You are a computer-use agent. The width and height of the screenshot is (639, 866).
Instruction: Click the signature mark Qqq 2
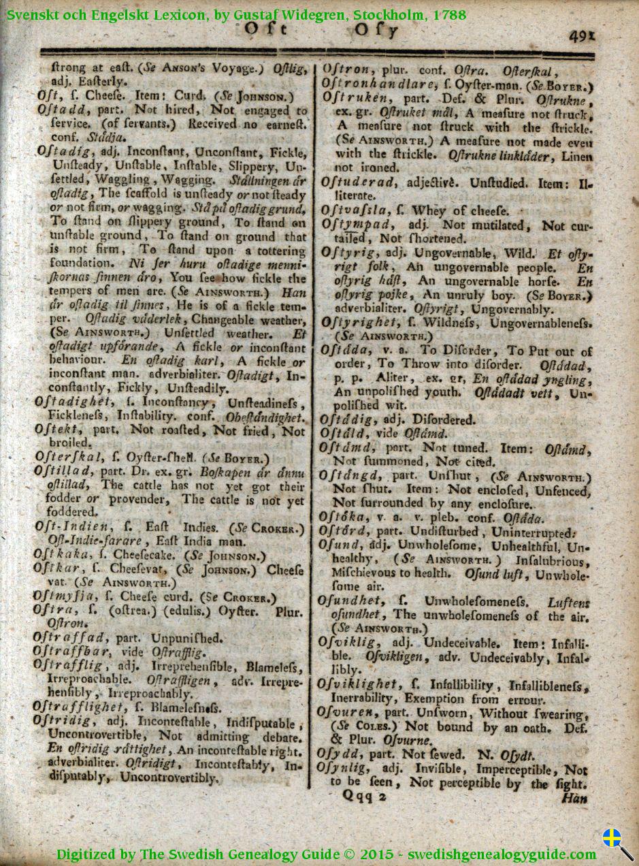364,795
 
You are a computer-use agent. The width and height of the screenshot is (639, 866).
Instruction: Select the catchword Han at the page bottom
573,798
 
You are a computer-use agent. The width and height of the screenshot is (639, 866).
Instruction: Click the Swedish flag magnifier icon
617,841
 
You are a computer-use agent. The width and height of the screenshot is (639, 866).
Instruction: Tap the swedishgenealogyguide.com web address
502,854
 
